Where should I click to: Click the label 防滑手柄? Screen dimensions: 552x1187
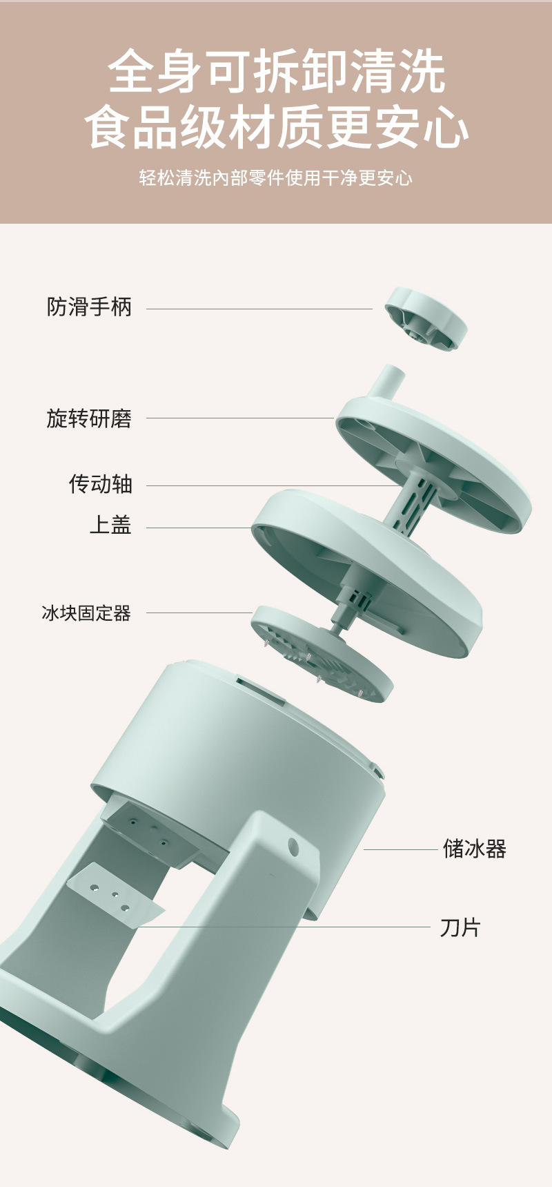pyautogui.click(x=89, y=307)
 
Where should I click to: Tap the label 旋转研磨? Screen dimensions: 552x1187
pyautogui.click(x=89, y=418)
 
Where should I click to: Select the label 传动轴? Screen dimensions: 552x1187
pyautogui.click(x=101, y=484)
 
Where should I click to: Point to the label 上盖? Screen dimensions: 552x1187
pyautogui.click(x=110, y=525)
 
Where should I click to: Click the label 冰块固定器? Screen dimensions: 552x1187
pyautogui.click(x=86, y=613)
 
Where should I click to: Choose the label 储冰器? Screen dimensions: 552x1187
pyautogui.click(x=475, y=849)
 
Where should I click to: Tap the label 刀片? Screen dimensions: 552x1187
pyautogui.click(x=460, y=927)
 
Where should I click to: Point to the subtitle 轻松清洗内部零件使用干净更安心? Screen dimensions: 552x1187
pyautogui.click(x=276, y=178)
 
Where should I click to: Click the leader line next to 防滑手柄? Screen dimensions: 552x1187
pyautogui.click(x=259, y=309)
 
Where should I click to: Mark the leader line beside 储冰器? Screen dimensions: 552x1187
pyautogui.click(x=400, y=849)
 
